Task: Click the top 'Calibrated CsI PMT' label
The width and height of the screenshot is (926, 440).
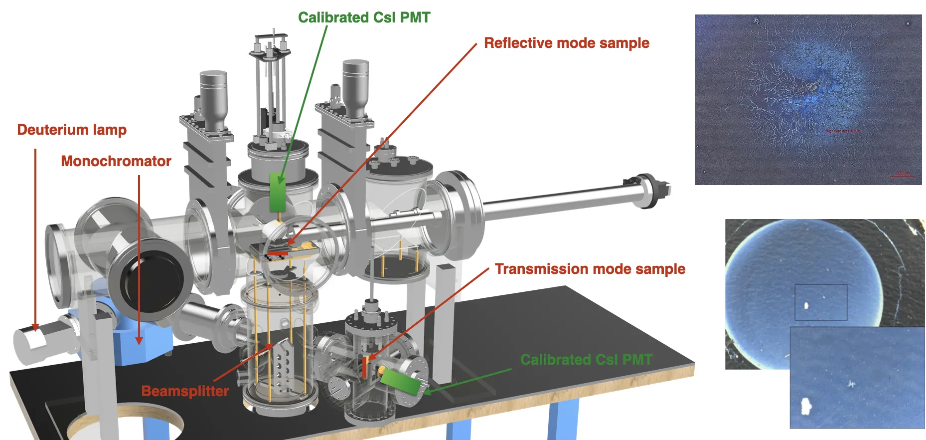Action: point(364,17)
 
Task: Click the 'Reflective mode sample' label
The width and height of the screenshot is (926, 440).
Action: point(567,43)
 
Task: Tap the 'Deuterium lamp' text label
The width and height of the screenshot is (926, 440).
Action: point(72,130)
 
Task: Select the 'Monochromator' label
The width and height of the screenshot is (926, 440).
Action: point(116,161)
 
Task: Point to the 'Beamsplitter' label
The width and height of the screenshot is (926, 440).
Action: point(185,391)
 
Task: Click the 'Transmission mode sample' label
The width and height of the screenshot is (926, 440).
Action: point(590,269)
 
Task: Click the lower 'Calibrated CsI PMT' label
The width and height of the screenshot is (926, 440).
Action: point(586,359)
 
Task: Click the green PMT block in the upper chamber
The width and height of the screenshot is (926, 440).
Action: point(277,192)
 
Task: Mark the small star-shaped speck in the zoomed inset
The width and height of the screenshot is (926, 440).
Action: point(851,384)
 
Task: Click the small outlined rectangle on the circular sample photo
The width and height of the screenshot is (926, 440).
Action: point(820,302)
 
